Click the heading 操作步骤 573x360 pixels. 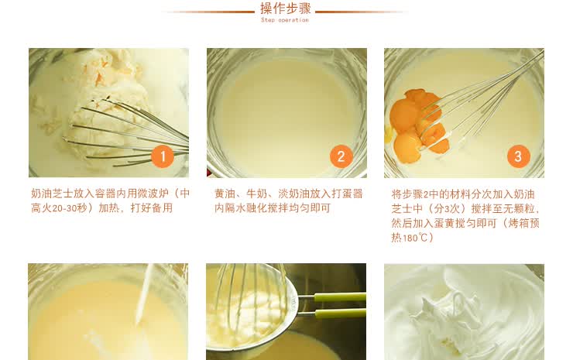pyautogui.click(x=286, y=8)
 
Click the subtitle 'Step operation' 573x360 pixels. pyautogui.click(x=285, y=20)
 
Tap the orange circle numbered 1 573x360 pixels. pyautogui.click(x=163, y=156)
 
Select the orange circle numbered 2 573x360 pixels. pyautogui.click(x=341, y=156)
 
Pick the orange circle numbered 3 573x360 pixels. pyautogui.click(x=519, y=156)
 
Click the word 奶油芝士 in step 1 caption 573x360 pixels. pyautogui.click(x=52, y=194)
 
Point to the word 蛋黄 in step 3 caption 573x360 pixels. pyautogui.click(x=444, y=223)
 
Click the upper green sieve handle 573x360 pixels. pyautogui.click(x=340, y=297)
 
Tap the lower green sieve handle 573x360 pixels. pyautogui.click(x=340, y=314)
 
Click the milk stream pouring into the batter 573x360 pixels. pyautogui.click(x=144, y=294)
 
